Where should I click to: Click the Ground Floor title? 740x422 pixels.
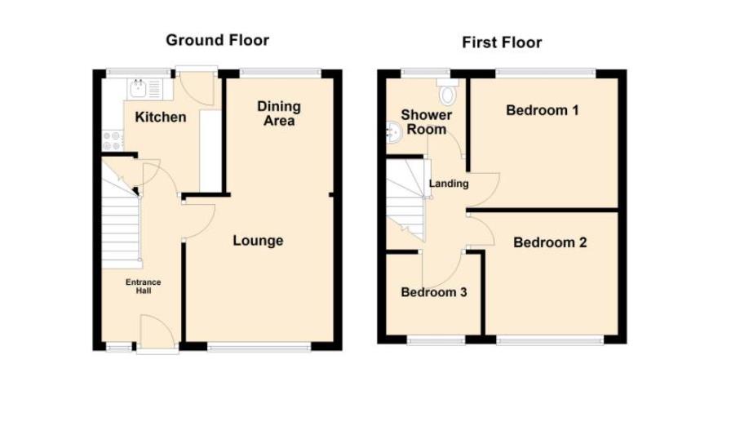(x=217, y=40)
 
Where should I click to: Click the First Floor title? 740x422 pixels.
(x=502, y=42)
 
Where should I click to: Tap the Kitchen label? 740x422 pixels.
(x=160, y=117)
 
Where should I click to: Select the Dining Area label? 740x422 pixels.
(x=279, y=113)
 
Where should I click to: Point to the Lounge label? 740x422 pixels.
(x=258, y=240)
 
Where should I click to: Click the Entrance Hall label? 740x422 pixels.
(x=143, y=286)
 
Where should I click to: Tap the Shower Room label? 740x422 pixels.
(x=426, y=122)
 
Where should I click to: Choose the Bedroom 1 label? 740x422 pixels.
(x=543, y=110)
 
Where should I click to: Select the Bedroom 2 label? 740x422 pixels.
(x=550, y=242)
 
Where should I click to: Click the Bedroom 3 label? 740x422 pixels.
(x=433, y=292)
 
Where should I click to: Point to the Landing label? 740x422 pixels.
(x=449, y=184)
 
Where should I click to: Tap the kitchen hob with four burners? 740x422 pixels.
(x=111, y=140)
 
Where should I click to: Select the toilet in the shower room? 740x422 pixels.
(x=448, y=94)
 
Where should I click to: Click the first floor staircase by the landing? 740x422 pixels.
(x=406, y=200)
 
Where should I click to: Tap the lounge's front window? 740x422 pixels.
(x=259, y=347)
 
